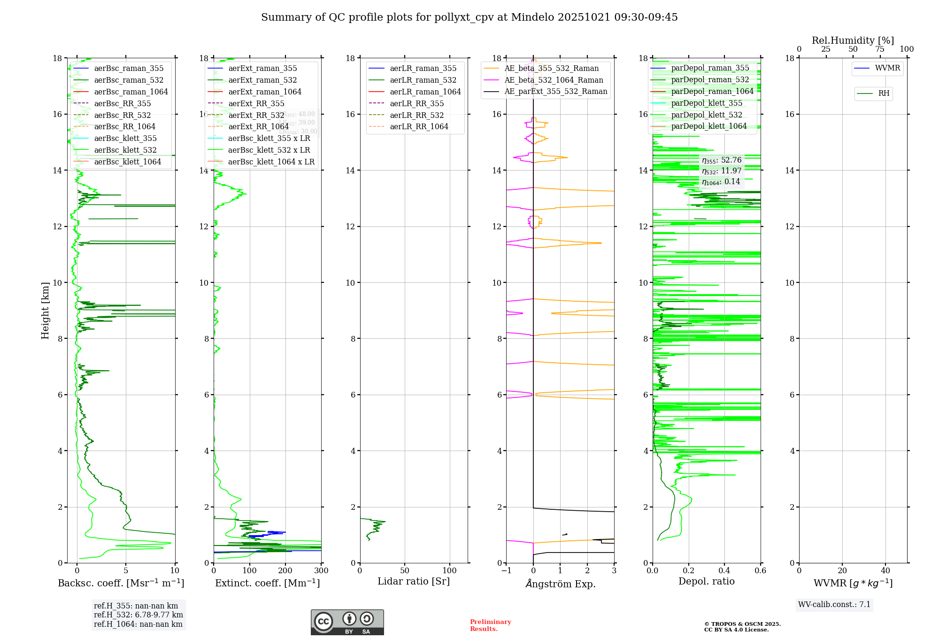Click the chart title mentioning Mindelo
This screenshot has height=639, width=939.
coord(469,17)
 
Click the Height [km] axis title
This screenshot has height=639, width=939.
coord(45,310)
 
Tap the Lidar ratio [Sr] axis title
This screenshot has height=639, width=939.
coord(414,581)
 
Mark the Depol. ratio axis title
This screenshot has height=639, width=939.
coord(706,581)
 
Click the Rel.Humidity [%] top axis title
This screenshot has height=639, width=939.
coord(853,40)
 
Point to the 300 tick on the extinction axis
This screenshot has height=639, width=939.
coord(321,571)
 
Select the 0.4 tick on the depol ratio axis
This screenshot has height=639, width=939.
coord(724,571)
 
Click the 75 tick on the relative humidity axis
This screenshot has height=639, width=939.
coord(880,49)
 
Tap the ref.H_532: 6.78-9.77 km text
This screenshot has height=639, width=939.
coord(139,615)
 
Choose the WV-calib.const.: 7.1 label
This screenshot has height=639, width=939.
coord(834,604)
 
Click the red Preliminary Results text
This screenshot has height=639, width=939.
coord(490,625)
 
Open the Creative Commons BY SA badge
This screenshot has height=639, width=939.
coord(347,623)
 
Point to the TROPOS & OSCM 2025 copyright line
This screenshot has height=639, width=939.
coord(742,624)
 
